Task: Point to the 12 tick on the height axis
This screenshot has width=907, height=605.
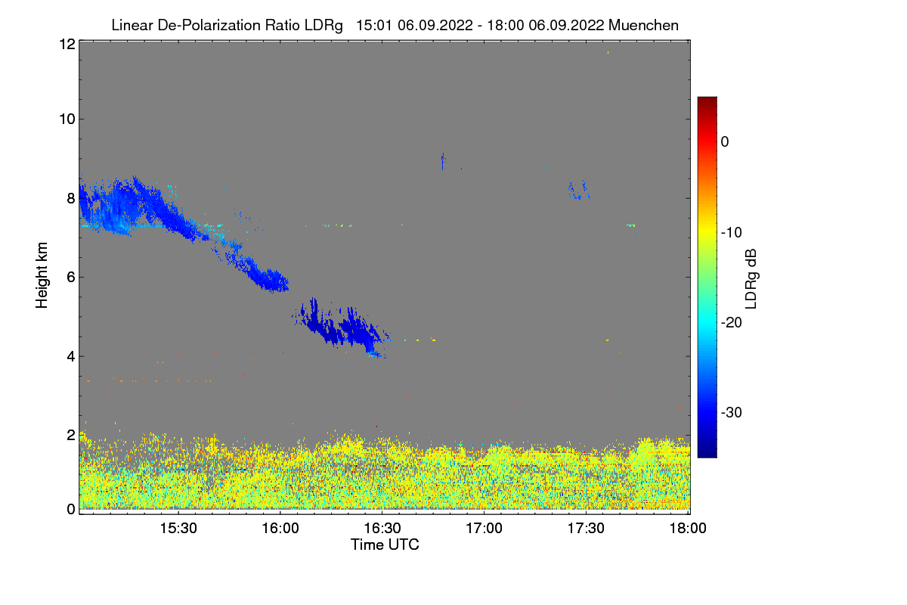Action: [x=67, y=44]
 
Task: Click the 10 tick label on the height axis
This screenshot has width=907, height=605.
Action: [x=67, y=119]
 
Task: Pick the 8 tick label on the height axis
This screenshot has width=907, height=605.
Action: [x=71, y=198]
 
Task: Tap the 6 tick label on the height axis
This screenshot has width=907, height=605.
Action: [x=71, y=277]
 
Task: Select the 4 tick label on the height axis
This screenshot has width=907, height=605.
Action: [x=71, y=356]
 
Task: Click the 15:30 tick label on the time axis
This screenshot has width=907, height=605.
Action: [x=178, y=529]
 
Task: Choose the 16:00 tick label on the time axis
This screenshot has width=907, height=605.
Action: [x=280, y=529]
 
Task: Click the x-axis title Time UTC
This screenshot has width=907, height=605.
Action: [x=385, y=544]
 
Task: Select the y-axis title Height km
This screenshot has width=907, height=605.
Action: [x=42, y=276]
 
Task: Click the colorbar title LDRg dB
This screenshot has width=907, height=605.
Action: [x=751, y=278]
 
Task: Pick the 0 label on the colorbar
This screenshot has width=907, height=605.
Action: [x=725, y=141]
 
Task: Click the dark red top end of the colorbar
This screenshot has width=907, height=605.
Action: [x=707, y=101]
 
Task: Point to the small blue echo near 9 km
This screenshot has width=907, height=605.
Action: [x=442, y=159]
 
